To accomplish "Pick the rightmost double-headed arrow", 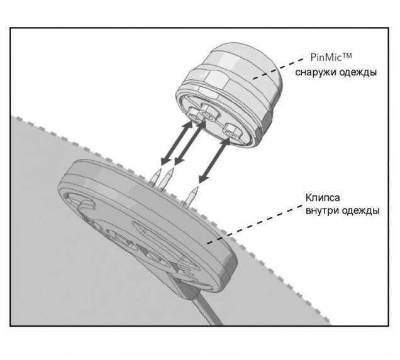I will [213, 161].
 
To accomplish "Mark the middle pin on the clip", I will [165, 183].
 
